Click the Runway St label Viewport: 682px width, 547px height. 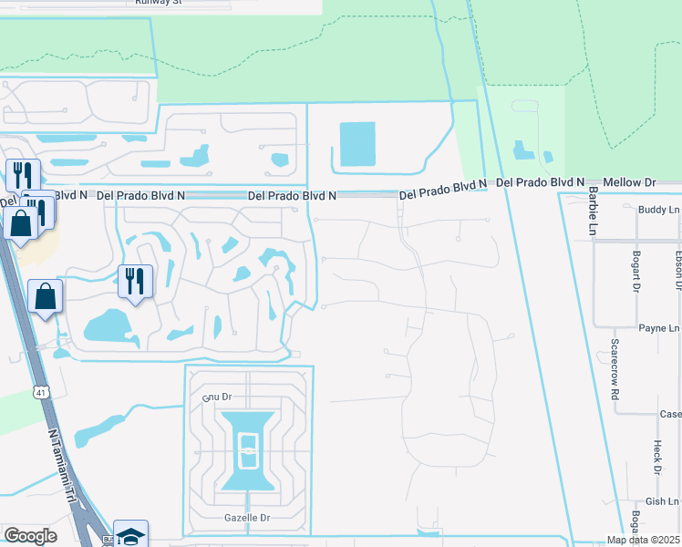point(159,2)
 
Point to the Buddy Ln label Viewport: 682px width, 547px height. point(660,210)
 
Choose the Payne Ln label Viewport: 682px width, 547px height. point(658,327)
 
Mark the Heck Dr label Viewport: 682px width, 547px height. point(656,456)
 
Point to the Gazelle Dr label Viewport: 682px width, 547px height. point(246,517)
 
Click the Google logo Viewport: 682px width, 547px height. point(30,536)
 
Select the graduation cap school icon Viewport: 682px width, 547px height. point(129,535)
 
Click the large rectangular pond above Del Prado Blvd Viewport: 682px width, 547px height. point(357,144)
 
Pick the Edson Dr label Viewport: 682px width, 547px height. point(678,270)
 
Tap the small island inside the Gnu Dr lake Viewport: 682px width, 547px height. point(247,450)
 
